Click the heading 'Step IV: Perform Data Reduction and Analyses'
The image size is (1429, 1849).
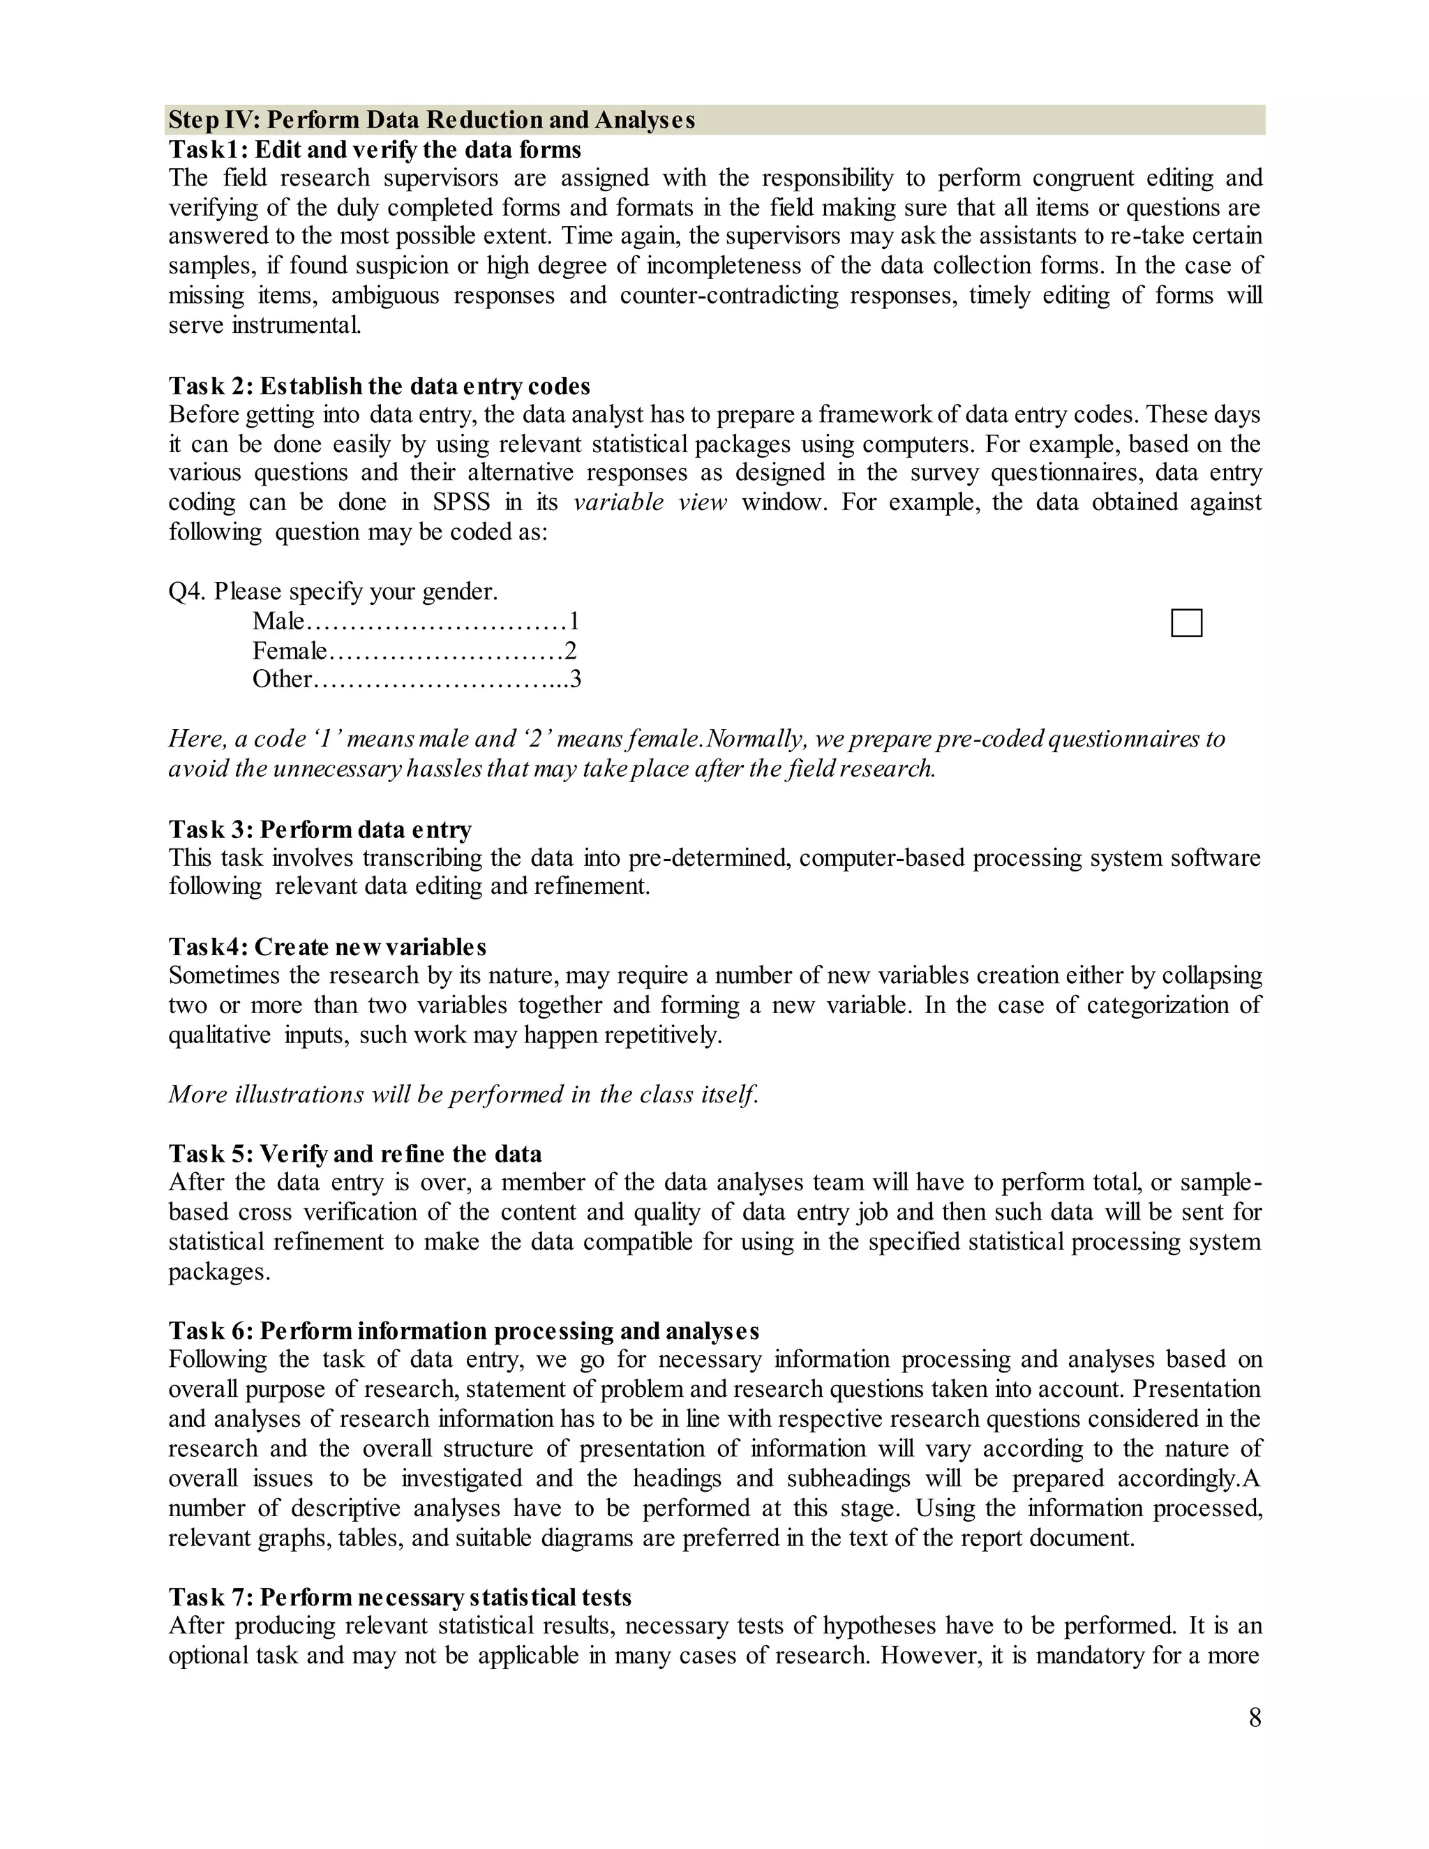(x=431, y=120)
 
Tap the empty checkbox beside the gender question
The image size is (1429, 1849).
(x=1186, y=623)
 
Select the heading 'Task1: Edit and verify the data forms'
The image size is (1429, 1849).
(x=374, y=150)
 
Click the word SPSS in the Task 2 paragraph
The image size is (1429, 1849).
(x=461, y=502)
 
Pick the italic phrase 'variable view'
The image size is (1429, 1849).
(x=650, y=502)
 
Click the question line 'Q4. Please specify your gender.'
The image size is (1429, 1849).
(x=333, y=591)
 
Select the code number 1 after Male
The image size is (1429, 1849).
(x=574, y=622)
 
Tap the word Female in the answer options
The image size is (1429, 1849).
(x=289, y=650)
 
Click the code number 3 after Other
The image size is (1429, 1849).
(x=576, y=679)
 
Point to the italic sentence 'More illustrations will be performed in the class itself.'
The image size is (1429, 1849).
(x=463, y=1094)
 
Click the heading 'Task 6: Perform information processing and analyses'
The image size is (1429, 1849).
(x=463, y=1331)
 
